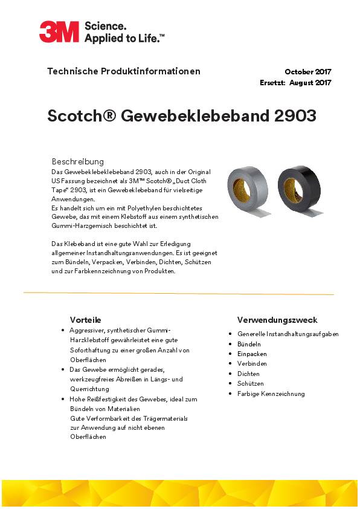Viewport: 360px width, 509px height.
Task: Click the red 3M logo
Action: tap(59, 31)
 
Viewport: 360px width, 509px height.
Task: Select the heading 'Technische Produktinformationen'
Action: tap(124, 71)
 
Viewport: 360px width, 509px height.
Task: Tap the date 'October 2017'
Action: tap(308, 72)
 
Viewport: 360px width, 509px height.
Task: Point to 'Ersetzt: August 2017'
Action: tap(295, 83)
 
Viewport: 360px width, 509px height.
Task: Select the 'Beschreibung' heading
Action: tap(78, 161)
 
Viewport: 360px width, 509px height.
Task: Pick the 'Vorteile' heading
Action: tap(85, 320)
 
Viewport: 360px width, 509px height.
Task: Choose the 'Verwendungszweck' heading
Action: tap(277, 320)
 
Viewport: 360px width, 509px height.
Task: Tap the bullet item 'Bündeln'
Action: tap(249, 344)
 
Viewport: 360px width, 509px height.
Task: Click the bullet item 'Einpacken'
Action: tap(252, 354)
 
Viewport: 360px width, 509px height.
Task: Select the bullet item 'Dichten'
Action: tap(248, 374)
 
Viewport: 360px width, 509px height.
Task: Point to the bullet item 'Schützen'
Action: tap(251, 383)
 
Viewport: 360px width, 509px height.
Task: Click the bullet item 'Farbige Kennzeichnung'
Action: tap(271, 394)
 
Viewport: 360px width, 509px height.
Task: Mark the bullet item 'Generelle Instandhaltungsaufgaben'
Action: tap(288, 334)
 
